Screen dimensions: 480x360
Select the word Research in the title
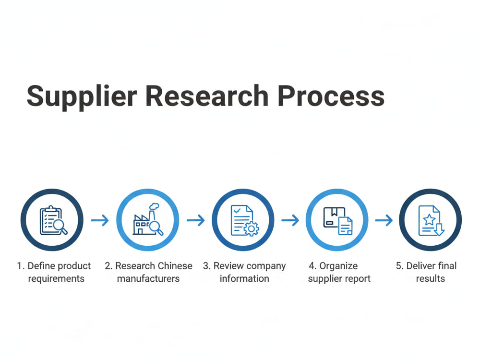click(207, 96)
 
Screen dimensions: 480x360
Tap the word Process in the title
click(331, 96)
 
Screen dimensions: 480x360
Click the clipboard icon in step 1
click(51, 220)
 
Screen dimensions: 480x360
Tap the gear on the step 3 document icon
click(252, 228)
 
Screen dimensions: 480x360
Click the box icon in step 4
click(334, 217)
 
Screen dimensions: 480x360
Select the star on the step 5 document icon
click(429, 219)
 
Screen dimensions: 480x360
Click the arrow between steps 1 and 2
click(100, 220)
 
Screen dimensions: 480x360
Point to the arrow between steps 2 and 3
click(196, 220)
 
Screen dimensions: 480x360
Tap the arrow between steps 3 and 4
click(290, 220)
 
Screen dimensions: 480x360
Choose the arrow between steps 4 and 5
click(384, 220)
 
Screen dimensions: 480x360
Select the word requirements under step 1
click(56, 279)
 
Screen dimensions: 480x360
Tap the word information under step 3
click(244, 278)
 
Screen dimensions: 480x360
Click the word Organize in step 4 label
click(338, 266)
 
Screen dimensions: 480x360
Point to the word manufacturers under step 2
click(148, 278)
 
